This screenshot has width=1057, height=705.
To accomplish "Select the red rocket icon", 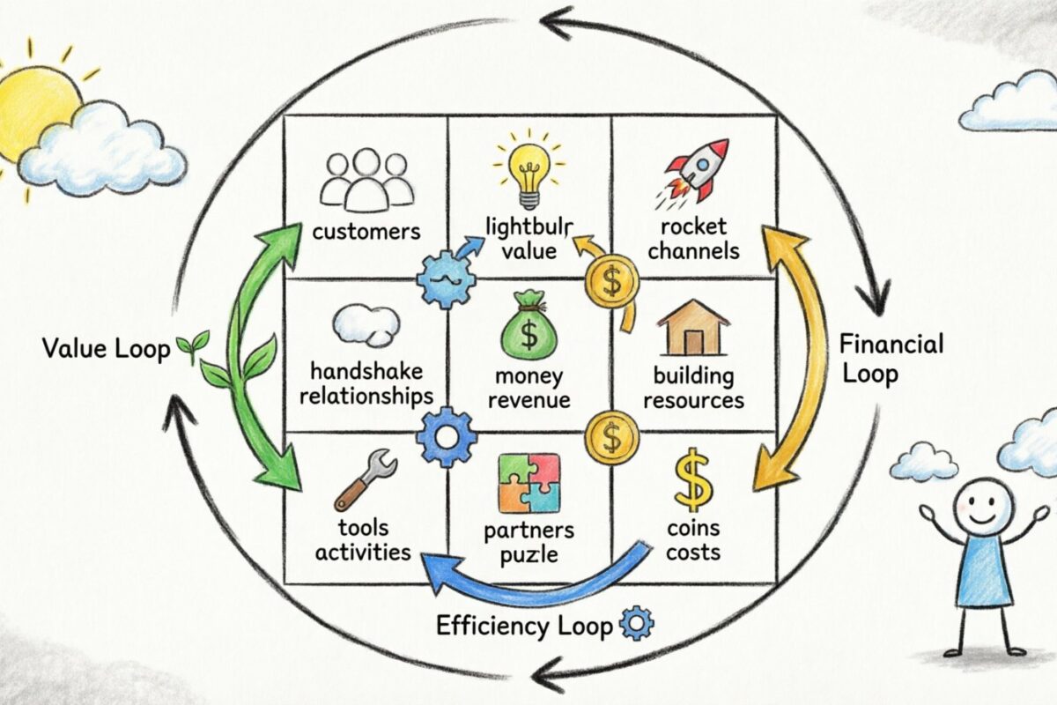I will (696, 170).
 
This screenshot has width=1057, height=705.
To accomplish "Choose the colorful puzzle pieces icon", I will (528, 483).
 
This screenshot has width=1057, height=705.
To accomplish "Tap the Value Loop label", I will (106, 349).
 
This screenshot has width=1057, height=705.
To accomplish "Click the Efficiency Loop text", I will (524, 627).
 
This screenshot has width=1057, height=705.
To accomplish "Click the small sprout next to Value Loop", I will (193, 346).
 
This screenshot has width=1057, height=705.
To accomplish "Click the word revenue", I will (528, 400).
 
